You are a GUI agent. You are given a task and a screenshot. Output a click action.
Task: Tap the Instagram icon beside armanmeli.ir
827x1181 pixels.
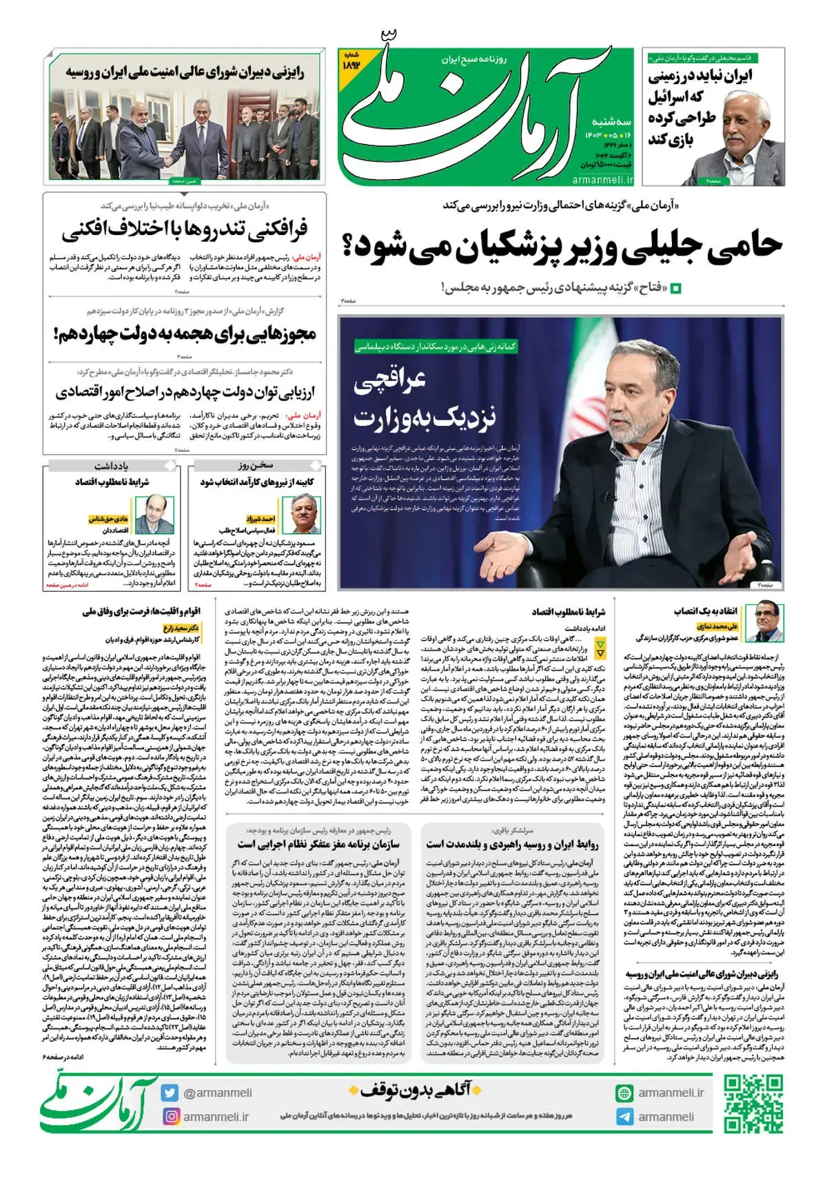pyautogui.click(x=170, y=1116)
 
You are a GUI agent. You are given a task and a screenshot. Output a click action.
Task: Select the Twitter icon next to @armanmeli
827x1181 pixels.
pyautogui.click(x=170, y=1093)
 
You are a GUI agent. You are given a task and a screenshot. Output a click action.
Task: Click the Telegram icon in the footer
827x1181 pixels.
pyautogui.click(x=625, y=1116)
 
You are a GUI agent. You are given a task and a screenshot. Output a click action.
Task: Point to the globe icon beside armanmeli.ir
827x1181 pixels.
pyautogui.click(x=625, y=1093)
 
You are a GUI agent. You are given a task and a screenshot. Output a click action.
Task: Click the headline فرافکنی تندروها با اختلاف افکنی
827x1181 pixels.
pyautogui.click(x=185, y=229)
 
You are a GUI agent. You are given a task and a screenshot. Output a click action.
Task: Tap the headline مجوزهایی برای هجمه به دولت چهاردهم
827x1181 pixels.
pyautogui.click(x=185, y=335)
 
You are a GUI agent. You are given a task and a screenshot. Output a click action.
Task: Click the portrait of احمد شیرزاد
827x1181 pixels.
pyautogui.click(x=305, y=513)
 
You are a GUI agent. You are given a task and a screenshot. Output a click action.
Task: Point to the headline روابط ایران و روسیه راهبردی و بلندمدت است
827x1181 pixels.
pyautogui.click(x=512, y=844)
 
